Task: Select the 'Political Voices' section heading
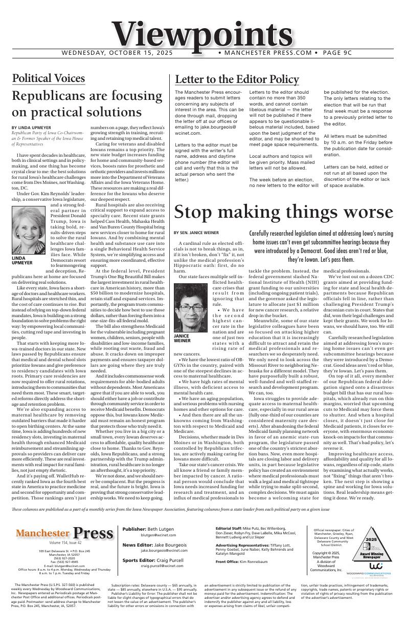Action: point(48,78)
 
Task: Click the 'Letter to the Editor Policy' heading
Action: point(237,79)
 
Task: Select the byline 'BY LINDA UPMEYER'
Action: point(31,127)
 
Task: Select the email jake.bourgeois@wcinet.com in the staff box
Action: point(161,550)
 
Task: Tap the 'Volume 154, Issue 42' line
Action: point(65,542)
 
